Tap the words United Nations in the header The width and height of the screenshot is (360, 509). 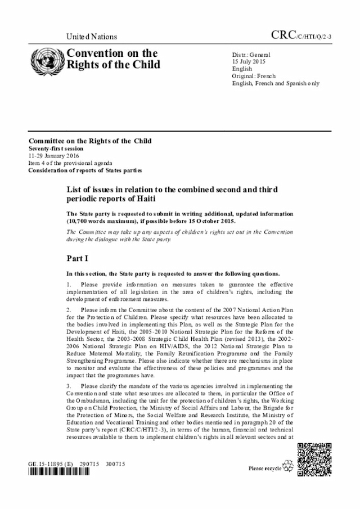pos(92,37)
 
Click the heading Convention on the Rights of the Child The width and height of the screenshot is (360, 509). pos(113,59)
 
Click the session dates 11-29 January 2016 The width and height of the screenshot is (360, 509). pos(54,155)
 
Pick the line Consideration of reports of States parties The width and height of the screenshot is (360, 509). pos(85,170)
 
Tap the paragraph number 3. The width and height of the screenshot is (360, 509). pos(68,386)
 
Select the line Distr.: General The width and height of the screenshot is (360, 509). pos(251,54)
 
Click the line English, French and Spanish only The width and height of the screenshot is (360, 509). pos(276,83)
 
